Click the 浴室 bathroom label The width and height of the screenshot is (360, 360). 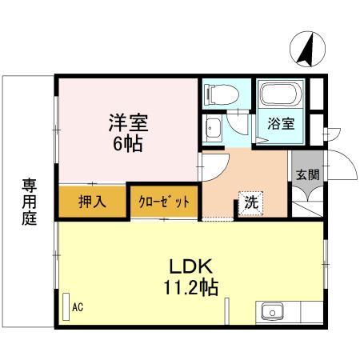279,124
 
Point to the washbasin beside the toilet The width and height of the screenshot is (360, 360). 214,128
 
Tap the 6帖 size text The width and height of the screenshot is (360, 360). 128,145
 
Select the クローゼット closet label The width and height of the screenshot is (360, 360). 163,202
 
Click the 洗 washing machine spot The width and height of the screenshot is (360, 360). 250,203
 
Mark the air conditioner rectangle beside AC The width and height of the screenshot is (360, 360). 66,303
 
